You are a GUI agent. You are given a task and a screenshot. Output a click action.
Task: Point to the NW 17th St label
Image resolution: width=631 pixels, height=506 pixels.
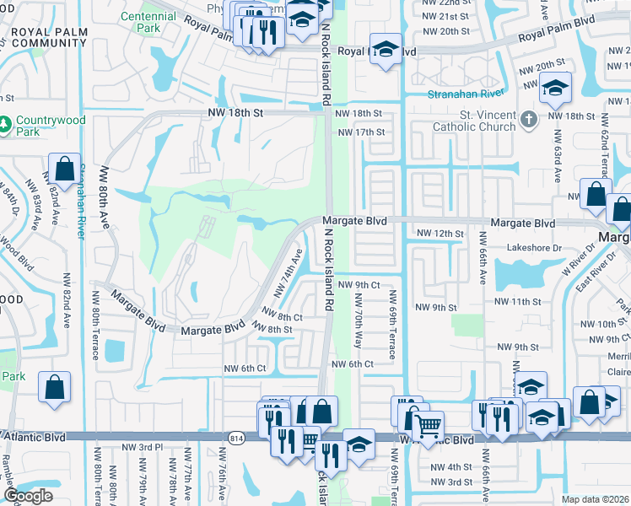pos(360,132)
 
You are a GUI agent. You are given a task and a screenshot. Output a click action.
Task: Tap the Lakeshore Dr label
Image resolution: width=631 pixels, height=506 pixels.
pos(534,248)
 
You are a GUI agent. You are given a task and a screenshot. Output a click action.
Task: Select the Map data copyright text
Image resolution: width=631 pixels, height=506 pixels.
pos(596,499)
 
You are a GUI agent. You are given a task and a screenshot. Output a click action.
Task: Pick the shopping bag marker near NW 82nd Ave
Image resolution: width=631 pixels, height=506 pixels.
pos(64,169)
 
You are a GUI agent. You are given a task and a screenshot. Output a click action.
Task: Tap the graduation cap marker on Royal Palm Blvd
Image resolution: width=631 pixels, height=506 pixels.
pos(386,49)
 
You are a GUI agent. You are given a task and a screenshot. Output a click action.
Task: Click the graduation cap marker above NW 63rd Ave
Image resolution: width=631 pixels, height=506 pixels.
pos(555,88)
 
